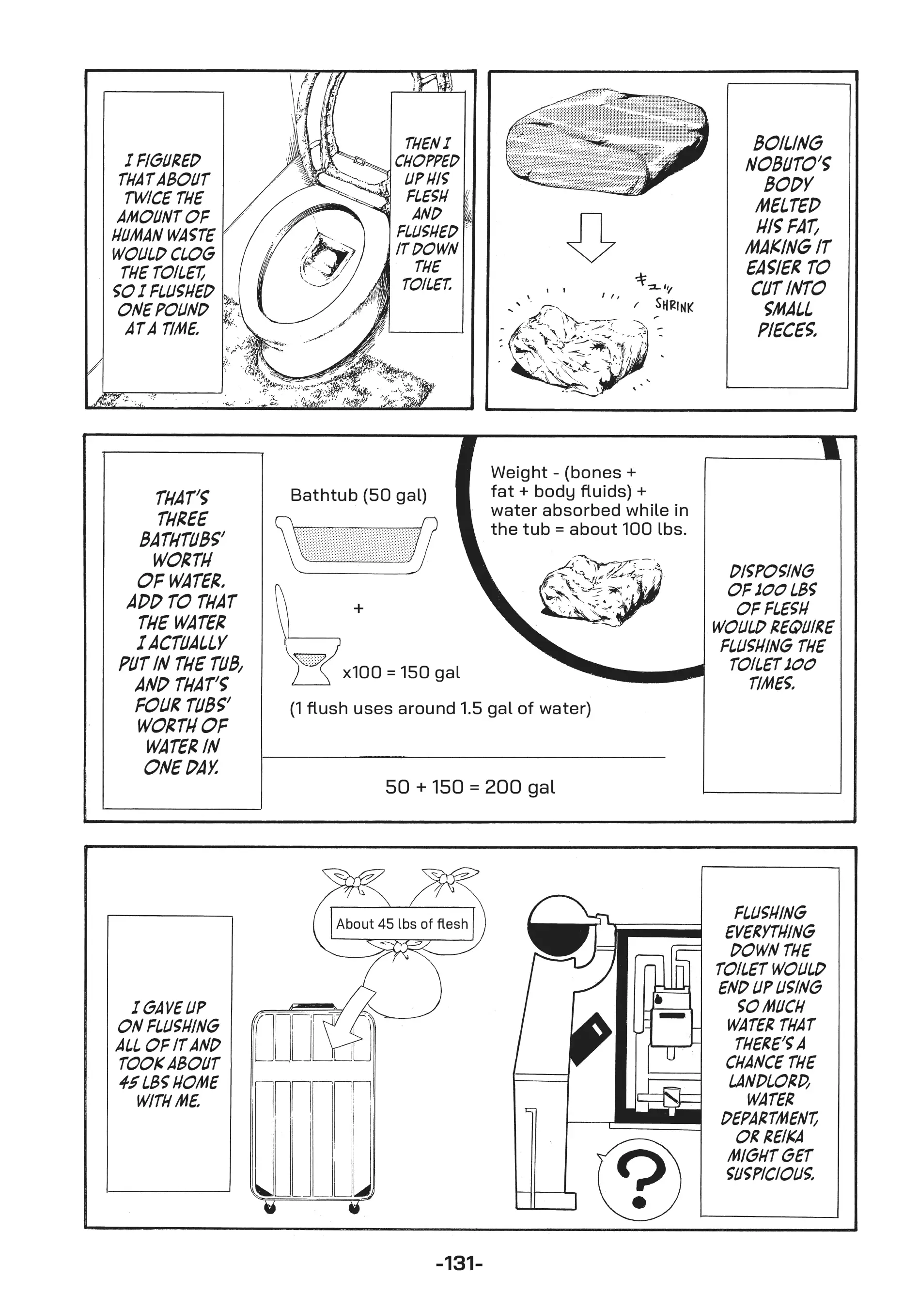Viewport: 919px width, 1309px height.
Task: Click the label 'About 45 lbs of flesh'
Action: point(402,923)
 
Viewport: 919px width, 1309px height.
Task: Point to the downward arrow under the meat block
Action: point(591,238)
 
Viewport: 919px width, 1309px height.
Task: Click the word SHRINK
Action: point(674,306)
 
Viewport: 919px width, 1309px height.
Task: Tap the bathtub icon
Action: point(356,545)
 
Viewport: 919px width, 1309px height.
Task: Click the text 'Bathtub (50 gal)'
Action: point(358,495)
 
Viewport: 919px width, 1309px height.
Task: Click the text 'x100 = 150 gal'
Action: point(401,673)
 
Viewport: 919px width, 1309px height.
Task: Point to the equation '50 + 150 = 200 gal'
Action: point(470,787)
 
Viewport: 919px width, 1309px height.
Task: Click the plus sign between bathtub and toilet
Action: point(358,608)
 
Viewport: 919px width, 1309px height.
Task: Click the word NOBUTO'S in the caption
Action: point(788,164)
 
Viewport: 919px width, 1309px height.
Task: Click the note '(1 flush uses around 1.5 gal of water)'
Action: point(440,709)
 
